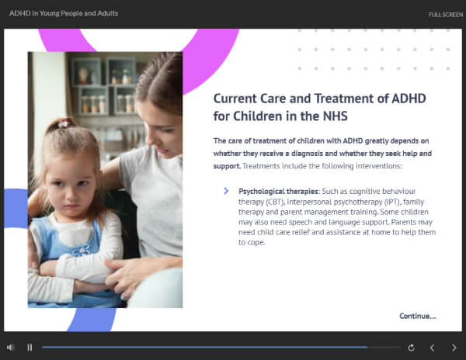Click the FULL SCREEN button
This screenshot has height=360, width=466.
446,15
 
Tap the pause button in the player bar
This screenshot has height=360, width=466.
30,348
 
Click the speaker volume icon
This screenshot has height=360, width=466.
10,348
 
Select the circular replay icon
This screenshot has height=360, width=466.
411,348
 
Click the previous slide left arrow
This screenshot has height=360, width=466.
433,348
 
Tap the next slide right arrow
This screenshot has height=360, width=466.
454,348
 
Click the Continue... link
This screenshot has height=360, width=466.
418,316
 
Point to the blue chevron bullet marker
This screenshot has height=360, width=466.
226,191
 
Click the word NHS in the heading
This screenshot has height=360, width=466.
336,116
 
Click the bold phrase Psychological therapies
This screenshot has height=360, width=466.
278,191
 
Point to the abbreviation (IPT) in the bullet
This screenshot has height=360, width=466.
392,202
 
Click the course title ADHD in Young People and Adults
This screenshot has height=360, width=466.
64,13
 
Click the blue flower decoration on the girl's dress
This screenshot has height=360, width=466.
82,250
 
